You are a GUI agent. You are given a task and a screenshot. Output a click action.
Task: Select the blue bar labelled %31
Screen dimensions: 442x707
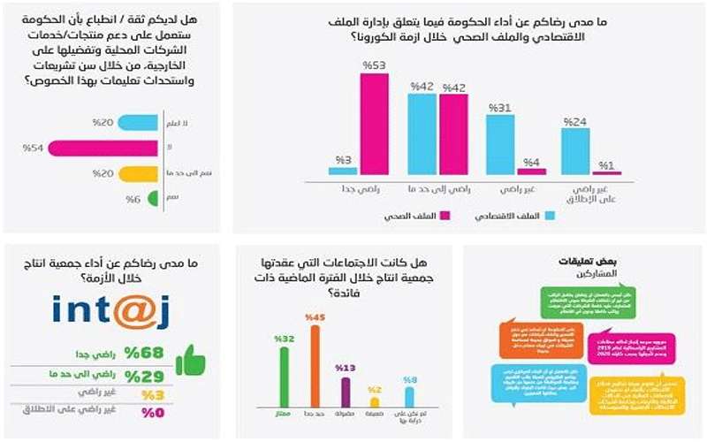point(500,143)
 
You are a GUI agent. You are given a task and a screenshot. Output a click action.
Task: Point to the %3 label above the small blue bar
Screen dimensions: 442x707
point(344,160)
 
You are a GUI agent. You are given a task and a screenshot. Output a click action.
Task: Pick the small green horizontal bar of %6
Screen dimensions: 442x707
point(151,200)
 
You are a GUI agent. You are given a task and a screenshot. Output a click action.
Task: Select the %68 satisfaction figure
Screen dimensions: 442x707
point(143,353)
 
